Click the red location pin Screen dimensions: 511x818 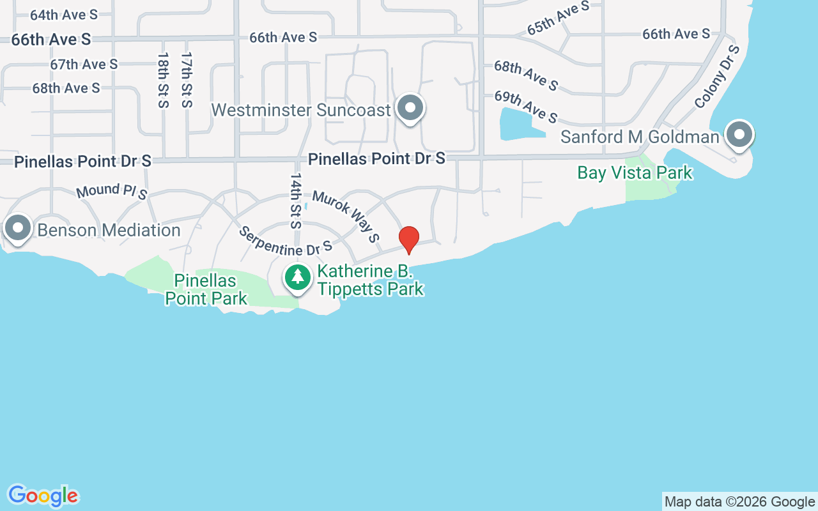409,239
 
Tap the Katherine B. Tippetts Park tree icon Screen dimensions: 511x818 297,277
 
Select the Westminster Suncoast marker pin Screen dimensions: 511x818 410,108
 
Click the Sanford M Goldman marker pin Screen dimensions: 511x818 739,135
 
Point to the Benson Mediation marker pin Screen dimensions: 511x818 18,227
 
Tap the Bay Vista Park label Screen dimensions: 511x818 635,173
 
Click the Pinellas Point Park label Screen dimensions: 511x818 206,289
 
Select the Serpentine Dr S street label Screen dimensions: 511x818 285,240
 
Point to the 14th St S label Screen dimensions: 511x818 295,201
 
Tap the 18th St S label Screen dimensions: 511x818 162,80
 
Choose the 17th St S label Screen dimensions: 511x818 186,80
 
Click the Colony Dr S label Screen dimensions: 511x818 716,77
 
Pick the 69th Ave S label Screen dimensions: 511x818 526,107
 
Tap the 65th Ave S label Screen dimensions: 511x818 558,19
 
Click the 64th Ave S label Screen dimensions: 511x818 64,14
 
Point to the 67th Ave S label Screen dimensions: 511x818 84,64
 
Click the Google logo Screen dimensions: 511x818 43,496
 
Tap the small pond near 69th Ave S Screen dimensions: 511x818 518,125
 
